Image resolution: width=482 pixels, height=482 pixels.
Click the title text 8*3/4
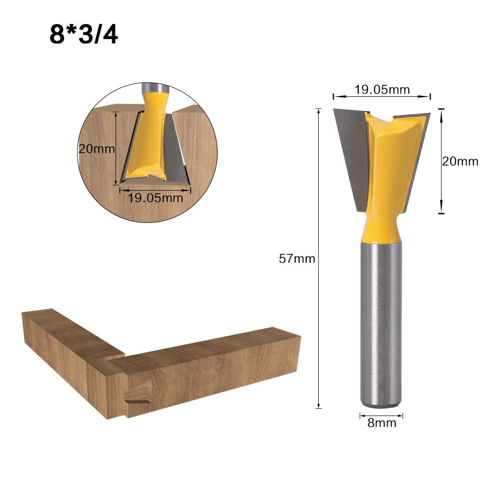83,35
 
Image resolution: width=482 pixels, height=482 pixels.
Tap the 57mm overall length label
297,259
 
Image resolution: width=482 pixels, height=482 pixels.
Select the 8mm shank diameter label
381,423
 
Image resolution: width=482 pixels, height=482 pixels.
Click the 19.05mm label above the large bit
382,90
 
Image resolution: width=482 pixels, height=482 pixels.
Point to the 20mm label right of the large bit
460,161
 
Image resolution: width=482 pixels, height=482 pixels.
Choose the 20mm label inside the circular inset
97,149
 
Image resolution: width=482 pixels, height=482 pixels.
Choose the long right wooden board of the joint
212,371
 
